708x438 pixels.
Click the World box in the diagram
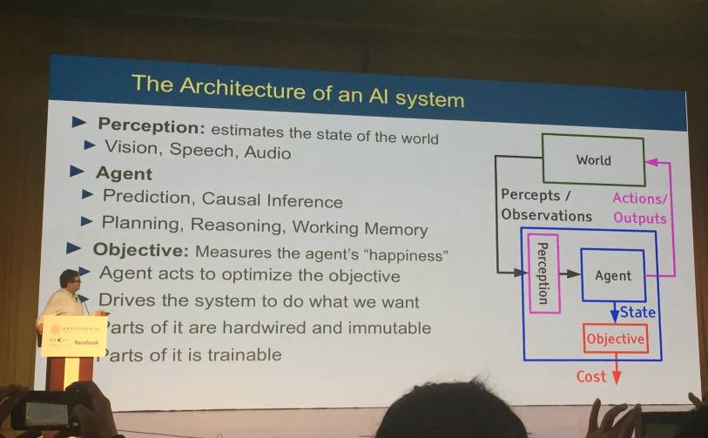pos(593,159)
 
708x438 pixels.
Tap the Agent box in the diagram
pos(612,275)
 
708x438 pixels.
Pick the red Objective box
pos(615,339)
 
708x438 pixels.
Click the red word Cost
pos(591,376)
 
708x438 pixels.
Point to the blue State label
pos(637,312)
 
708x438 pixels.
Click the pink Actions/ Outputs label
pos(639,208)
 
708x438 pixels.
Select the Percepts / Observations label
pos(545,206)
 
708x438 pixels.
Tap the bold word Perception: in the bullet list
pos(152,127)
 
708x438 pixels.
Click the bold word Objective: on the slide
pos(140,250)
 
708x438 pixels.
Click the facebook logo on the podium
pos(86,342)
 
